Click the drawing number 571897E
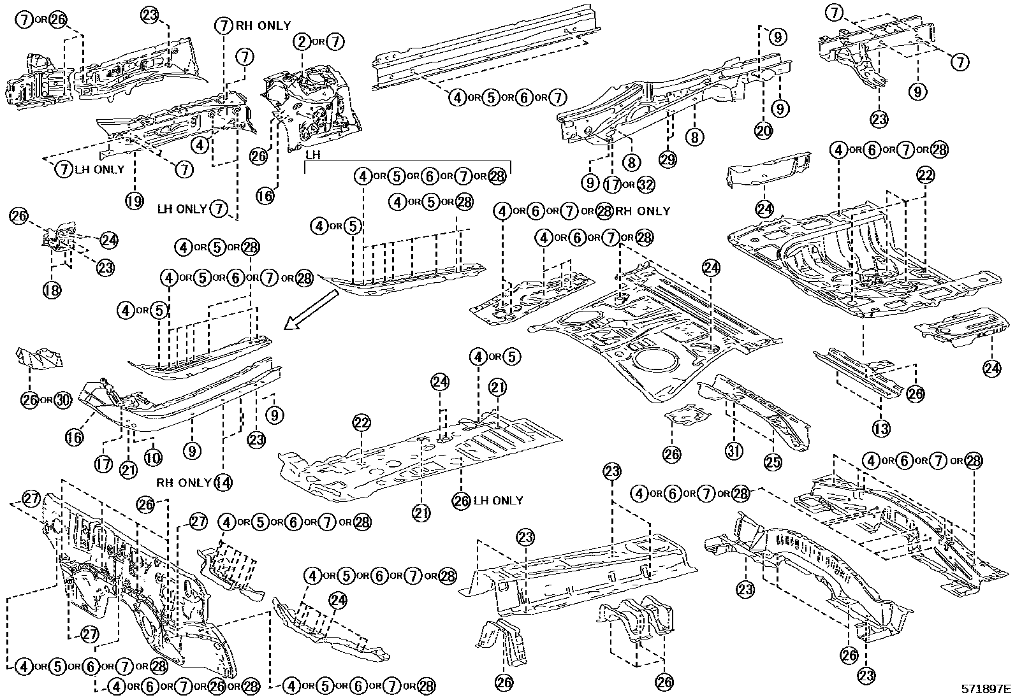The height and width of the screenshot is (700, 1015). (x=986, y=689)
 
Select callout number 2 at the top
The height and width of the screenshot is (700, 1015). (x=302, y=43)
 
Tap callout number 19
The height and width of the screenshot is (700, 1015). (x=134, y=201)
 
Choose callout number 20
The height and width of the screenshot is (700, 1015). (x=764, y=131)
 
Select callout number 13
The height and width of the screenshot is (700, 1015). (x=880, y=429)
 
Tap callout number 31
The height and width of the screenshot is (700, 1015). (x=734, y=452)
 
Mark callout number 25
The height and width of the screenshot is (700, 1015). (x=773, y=462)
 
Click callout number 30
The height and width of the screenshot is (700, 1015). (x=62, y=400)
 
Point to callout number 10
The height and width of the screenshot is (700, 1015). (x=153, y=457)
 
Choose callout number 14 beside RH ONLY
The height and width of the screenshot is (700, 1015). (x=223, y=482)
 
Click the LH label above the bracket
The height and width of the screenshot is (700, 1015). (x=312, y=155)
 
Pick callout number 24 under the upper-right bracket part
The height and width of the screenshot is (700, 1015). (x=764, y=208)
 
